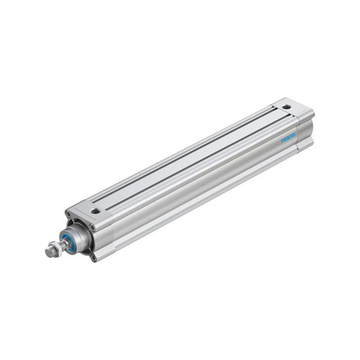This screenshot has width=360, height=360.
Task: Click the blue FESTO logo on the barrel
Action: point(288,138)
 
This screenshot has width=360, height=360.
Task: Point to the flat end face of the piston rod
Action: point(48,252)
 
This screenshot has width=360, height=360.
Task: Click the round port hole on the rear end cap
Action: point(286,107)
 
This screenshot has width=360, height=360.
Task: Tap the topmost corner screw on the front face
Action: point(68,215)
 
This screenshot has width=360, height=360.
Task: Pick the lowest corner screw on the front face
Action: point(93,257)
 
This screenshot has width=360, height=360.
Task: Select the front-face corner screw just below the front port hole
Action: point(92,227)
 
